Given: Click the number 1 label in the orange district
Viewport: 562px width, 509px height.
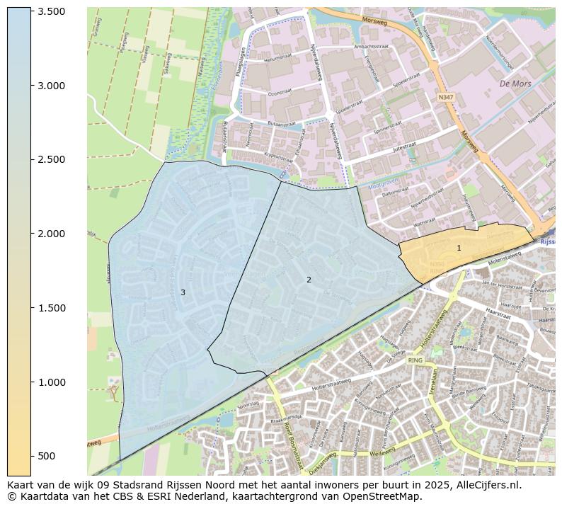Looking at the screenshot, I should pos(459,248).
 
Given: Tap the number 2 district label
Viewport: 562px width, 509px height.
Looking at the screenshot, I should pos(309,280).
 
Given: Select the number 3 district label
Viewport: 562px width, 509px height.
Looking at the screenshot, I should pos(183,292).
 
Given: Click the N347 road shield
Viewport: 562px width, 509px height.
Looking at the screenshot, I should pos(445,97).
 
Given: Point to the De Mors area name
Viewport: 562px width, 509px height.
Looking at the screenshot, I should pos(515,84).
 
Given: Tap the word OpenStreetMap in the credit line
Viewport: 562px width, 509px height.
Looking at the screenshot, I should pos(383,496).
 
